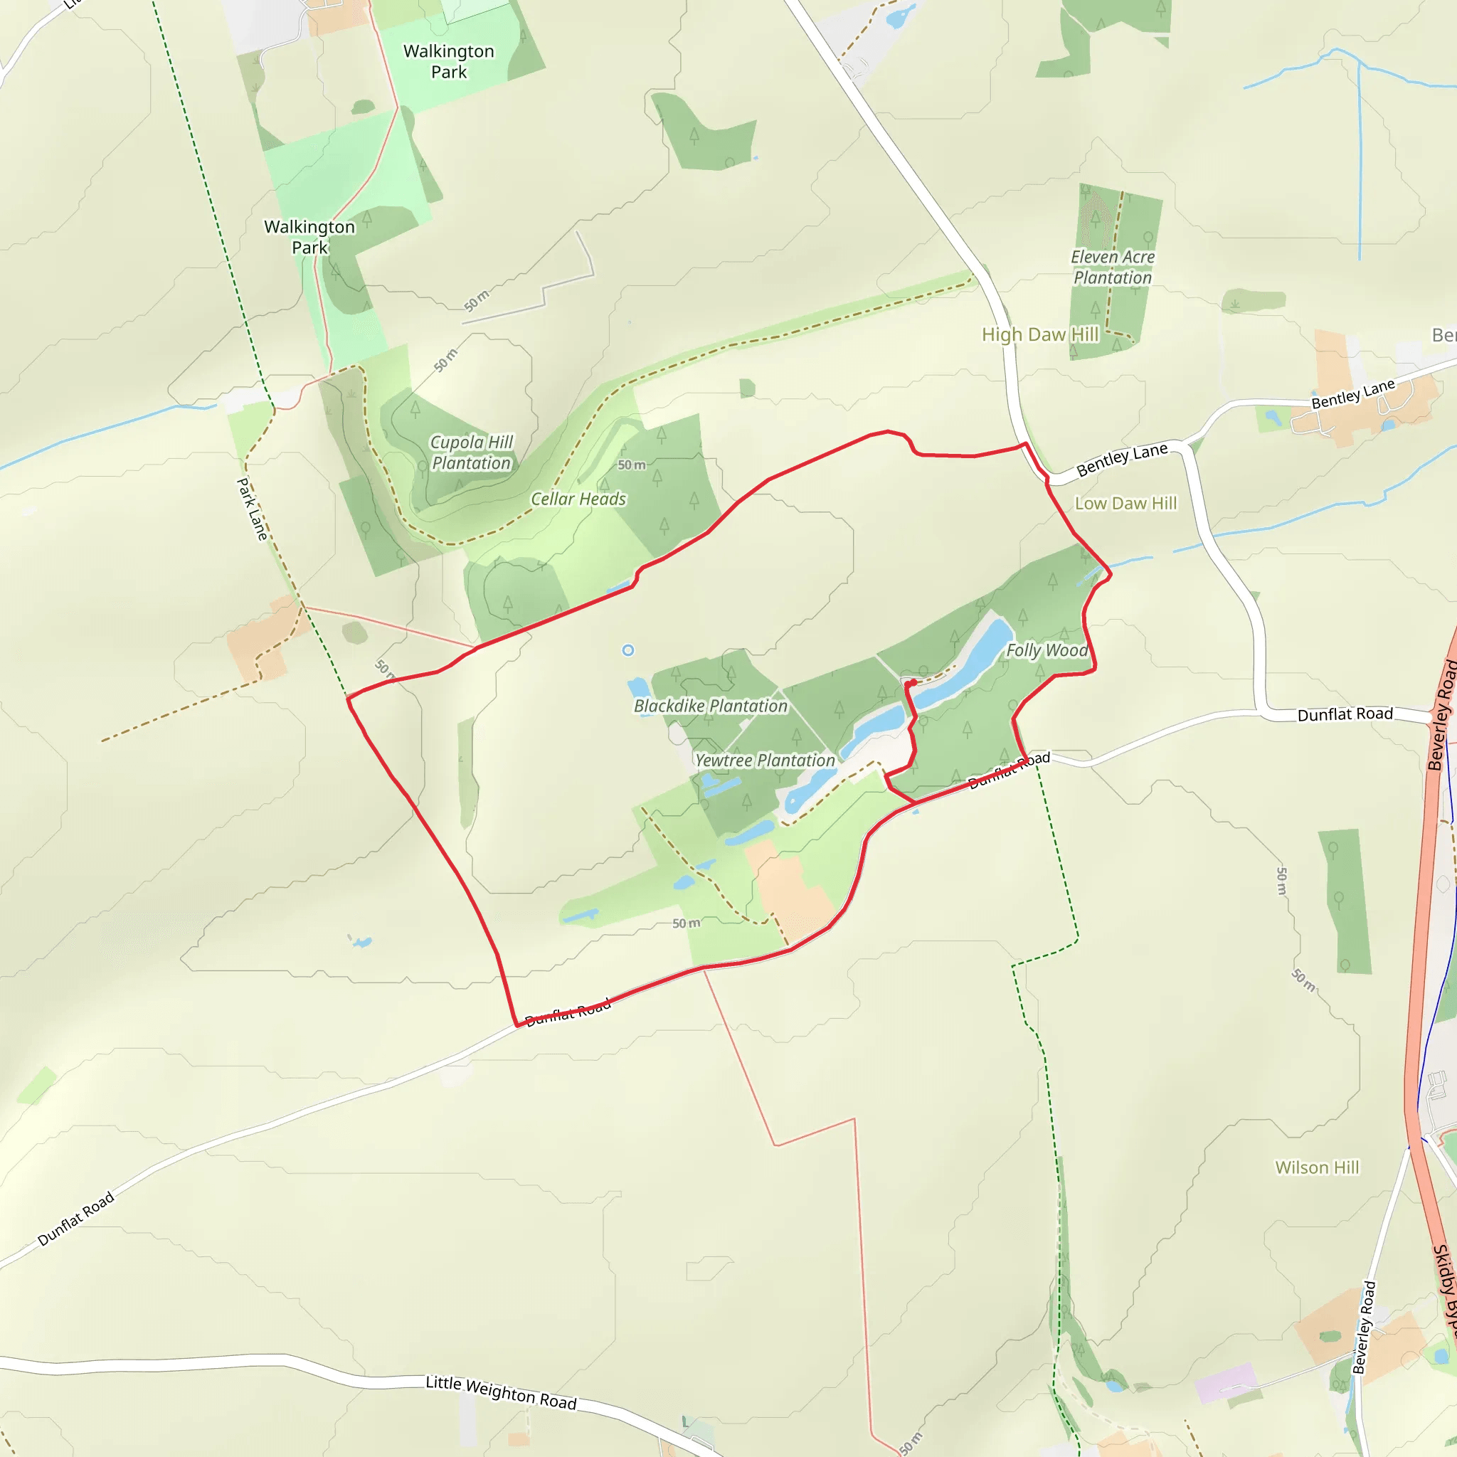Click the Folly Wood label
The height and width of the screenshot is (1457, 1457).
point(1047,650)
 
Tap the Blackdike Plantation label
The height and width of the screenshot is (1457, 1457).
point(711,706)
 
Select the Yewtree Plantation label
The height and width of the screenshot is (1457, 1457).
point(765,761)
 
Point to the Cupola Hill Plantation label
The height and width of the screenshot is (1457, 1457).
point(472,452)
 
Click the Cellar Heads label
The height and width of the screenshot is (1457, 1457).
point(578,499)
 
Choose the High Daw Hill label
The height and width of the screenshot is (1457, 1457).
point(1040,334)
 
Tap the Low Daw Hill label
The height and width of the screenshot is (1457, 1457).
point(1125,503)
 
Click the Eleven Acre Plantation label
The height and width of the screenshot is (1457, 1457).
point(1113,267)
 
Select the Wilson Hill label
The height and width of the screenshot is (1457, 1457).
point(1317,1167)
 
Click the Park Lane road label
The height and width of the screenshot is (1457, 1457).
point(253,509)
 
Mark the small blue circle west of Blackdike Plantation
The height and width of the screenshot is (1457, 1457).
point(628,650)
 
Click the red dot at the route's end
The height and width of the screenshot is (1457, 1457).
point(913,682)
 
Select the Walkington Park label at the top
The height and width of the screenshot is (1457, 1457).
point(449,61)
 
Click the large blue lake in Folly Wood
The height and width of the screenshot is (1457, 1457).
point(980,656)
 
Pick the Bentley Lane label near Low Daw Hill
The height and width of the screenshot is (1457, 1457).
point(1121,460)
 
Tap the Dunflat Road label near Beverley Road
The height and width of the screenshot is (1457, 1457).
point(1345,714)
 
